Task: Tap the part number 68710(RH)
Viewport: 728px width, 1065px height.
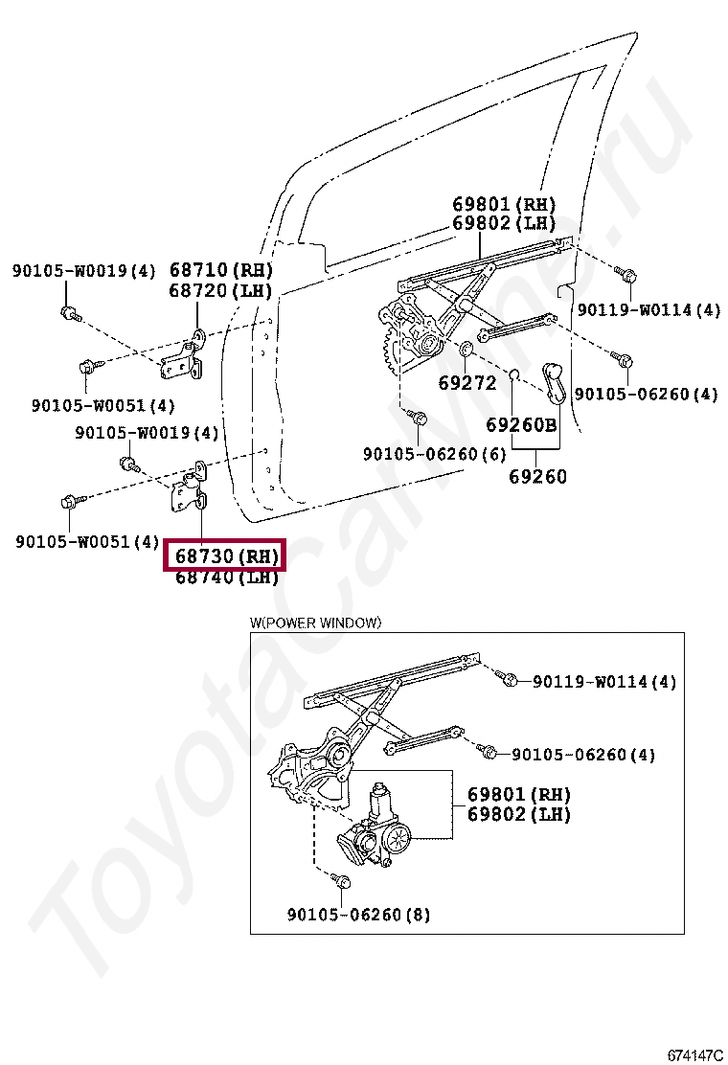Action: [x=221, y=270]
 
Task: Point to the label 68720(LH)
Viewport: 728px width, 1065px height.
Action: [x=220, y=291]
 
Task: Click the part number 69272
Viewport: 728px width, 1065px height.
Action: [x=467, y=383]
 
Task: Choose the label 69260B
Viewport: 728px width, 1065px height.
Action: [x=520, y=425]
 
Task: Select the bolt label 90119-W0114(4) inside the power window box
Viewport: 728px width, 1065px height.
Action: [x=604, y=682]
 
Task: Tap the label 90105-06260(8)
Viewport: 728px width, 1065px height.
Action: [x=358, y=915]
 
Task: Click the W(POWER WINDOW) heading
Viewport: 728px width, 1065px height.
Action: [x=316, y=623]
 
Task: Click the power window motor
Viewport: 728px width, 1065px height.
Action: [x=381, y=828]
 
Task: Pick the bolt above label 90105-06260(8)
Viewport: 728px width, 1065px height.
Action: [x=342, y=880]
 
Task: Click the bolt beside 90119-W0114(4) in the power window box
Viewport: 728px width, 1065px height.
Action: [x=511, y=680]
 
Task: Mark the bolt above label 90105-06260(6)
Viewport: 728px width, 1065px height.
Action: [x=418, y=419]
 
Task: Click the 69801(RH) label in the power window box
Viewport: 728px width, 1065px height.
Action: [x=518, y=795]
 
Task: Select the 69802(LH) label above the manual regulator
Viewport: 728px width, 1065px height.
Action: [x=504, y=223]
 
